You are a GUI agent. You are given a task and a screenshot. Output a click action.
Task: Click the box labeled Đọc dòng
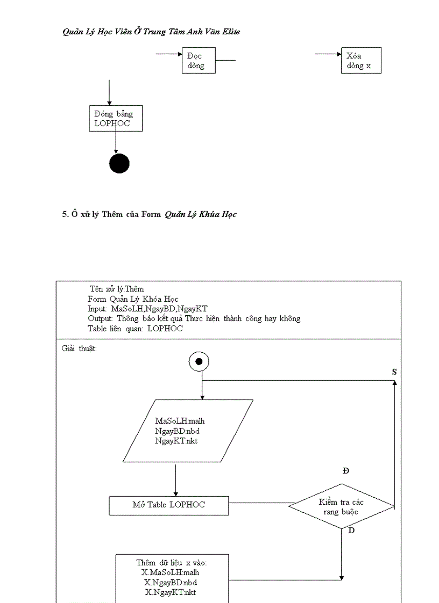pyautogui.click(x=199, y=60)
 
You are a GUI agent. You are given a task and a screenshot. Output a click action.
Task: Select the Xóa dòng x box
pyautogui.click(x=361, y=60)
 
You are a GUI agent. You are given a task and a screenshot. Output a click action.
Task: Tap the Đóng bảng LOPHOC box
pyautogui.click(x=116, y=119)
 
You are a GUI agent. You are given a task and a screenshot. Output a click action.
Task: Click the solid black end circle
pyautogui.click(x=119, y=163)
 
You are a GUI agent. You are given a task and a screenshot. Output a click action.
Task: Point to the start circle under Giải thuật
pyautogui.click(x=199, y=361)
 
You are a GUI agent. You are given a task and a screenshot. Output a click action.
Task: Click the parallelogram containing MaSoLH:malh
pyautogui.click(x=188, y=431)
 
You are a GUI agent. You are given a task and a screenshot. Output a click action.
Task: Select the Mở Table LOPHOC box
pyautogui.click(x=169, y=505)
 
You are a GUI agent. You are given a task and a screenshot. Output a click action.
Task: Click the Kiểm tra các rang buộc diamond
pyautogui.click(x=342, y=506)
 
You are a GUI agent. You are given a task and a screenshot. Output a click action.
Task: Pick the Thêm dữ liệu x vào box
pyautogui.click(x=172, y=578)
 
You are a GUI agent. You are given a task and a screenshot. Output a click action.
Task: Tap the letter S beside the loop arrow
pyautogui.click(x=394, y=372)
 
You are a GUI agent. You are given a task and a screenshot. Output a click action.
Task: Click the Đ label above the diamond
pyautogui.click(x=346, y=471)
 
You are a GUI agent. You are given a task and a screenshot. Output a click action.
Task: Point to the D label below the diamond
pyautogui.click(x=351, y=531)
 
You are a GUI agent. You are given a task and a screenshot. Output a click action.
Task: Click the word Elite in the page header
pyautogui.click(x=231, y=32)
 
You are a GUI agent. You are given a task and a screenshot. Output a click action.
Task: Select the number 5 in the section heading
pyautogui.click(x=65, y=214)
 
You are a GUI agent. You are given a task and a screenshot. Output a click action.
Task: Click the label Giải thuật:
pyautogui.click(x=79, y=349)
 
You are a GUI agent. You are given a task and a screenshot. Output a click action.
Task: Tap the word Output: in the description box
pyautogui.click(x=100, y=319)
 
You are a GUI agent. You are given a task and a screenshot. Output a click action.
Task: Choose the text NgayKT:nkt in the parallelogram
pyautogui.click(x=176, y=441)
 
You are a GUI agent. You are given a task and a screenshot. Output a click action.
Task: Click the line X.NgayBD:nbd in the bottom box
pyautogui.click(x=171, y=583)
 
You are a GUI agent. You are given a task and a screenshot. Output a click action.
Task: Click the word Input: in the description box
pyautogui.click(x=97, y=309)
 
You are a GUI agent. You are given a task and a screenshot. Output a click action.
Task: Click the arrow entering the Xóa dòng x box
pyautogui.click(x=328, y=54)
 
